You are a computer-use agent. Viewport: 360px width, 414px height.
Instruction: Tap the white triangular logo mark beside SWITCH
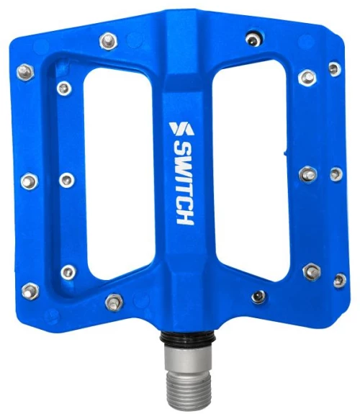click(181, 129)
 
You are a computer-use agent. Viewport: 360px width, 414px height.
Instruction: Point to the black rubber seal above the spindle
click(188, 336)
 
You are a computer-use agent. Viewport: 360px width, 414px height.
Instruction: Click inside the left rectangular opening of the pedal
click(119, 173)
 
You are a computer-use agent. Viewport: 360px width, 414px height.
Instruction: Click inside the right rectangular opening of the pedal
click(251, 171)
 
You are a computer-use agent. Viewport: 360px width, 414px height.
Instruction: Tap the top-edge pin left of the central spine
click(108, 41)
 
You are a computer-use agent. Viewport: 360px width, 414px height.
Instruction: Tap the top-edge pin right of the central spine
click(253, 40)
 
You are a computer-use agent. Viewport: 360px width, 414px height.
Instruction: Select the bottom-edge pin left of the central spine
click(114, 302)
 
